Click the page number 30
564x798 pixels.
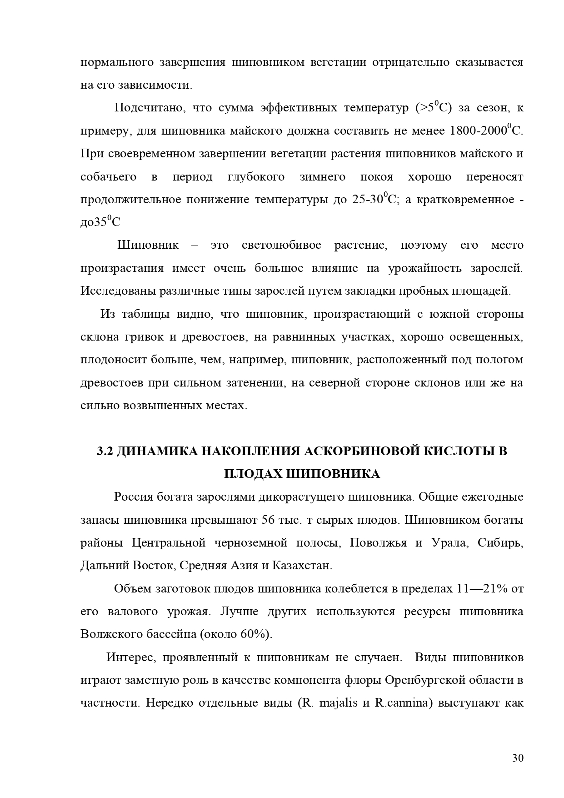point(518,758)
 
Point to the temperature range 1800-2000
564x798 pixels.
point(477,131)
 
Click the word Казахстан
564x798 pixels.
point(302,566)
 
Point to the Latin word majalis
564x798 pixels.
point(339,703)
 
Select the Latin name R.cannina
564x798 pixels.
point(403,703)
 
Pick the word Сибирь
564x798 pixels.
point(500,543)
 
